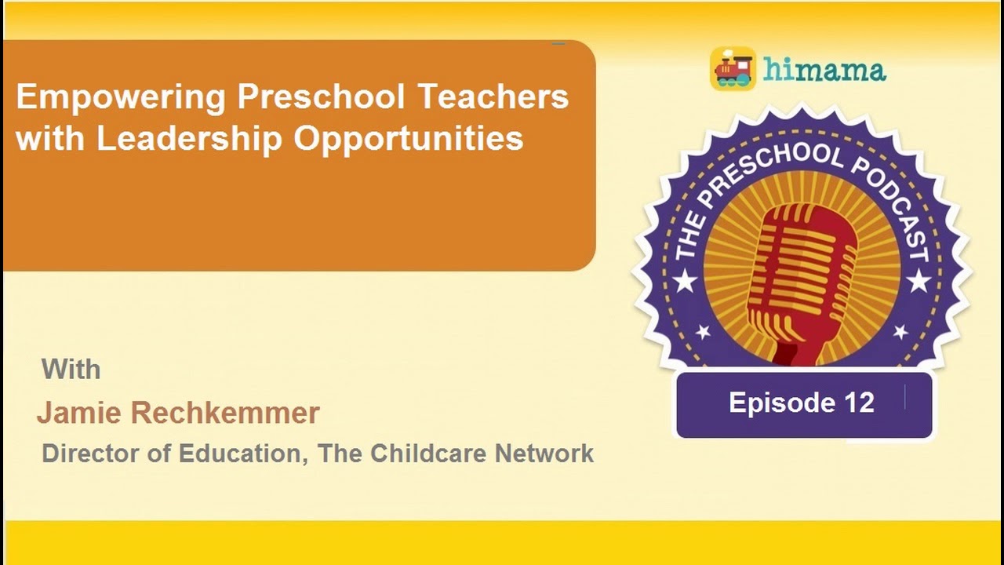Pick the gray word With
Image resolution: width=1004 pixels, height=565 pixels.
click(71, 369)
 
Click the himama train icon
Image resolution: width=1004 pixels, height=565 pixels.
click(733, 69)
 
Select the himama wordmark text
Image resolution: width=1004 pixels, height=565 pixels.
click(824, 70)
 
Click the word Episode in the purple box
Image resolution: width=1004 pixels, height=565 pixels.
click(771, 403)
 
